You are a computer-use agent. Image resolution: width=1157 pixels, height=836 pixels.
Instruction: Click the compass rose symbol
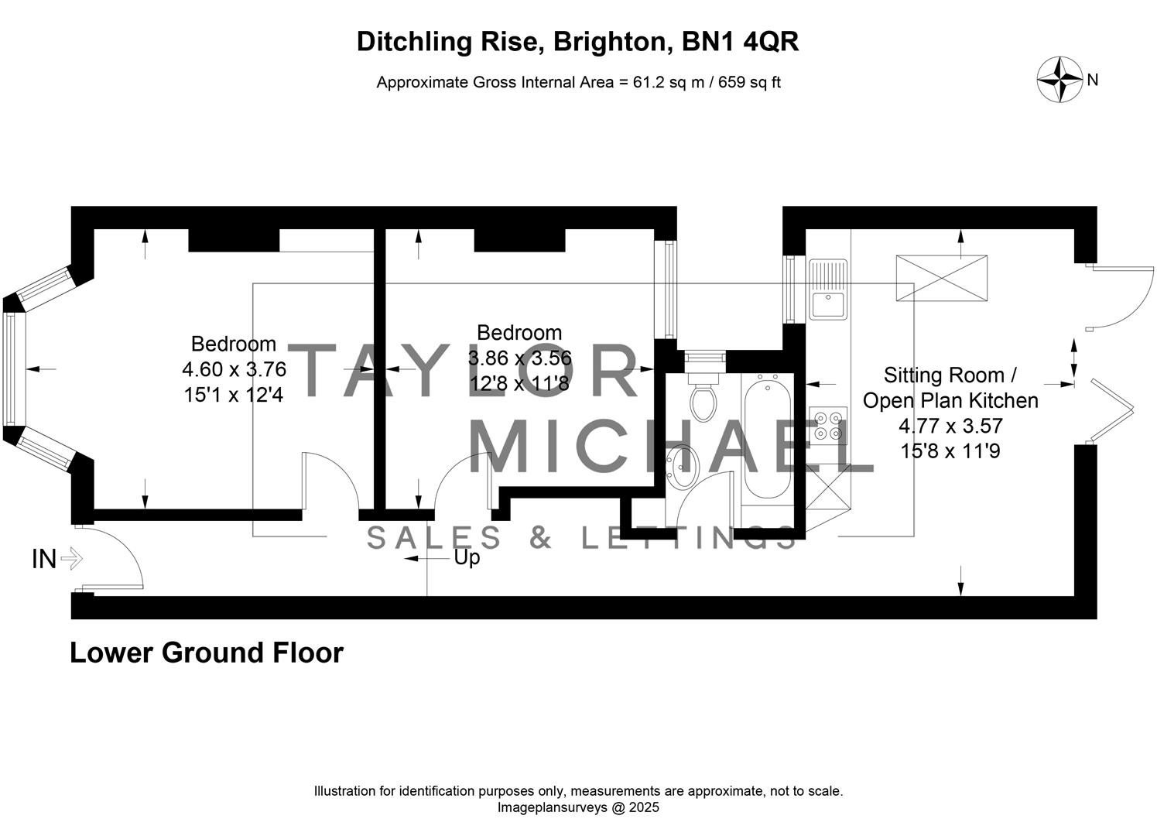(1059, 80)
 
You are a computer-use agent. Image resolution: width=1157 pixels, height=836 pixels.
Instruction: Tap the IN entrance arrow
(70, 558)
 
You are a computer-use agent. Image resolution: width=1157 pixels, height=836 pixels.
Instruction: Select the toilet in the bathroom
(703, 399)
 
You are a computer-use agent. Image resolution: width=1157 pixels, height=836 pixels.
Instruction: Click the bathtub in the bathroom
(767, 437)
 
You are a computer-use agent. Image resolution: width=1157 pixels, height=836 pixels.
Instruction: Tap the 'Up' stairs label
(467, 557)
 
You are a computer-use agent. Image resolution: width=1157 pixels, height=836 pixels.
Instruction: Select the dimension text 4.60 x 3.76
(234, 369)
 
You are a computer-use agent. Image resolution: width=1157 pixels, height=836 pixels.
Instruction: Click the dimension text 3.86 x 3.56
(519, 358)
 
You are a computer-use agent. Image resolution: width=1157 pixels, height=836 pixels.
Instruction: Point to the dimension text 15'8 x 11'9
(950, 451)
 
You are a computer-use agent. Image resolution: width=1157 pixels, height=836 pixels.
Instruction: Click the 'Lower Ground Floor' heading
(207, 653)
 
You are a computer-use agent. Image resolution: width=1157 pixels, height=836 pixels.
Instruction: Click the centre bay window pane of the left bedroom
(14, 368)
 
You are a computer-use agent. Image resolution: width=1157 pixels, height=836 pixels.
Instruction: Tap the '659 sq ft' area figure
(749, 82)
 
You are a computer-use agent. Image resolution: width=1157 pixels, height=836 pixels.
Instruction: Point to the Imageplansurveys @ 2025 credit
(578, 807)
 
